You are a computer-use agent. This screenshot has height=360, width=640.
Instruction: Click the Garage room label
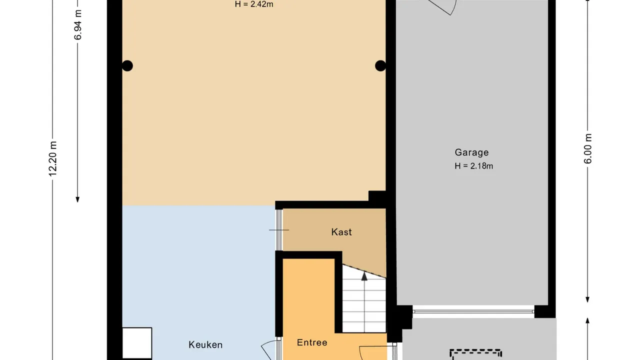click(471, 152)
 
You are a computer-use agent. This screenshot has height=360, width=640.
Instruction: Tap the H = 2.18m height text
click(473, 166)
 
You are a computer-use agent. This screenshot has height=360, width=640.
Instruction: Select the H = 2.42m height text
click(254, 4)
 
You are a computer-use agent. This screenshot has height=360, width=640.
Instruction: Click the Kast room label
click(341, 232)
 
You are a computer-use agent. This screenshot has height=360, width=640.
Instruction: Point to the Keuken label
click(205, 345)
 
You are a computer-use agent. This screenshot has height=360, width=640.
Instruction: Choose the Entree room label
click(312, 342)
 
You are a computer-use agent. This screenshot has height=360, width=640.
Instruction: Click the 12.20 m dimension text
click(53, 159)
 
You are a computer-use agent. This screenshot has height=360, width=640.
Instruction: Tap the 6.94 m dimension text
click(77, 25)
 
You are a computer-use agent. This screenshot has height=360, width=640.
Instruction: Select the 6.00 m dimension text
click(587, 148)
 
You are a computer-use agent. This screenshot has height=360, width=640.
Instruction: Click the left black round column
click(127, 65)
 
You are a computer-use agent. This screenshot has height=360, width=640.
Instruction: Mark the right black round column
click(380, 65)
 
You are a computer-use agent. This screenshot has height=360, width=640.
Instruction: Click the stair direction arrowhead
click(364, 276)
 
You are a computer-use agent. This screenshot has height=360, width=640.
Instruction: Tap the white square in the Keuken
click(137, 343)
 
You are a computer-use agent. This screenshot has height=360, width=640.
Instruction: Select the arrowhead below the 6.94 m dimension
click(77, 199)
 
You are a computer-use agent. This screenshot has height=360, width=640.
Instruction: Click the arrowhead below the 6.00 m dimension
click(587, 299)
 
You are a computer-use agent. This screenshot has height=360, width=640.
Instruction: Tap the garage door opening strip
click(473, 311)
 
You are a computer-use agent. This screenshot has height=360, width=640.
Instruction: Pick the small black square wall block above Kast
click(377, 196)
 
